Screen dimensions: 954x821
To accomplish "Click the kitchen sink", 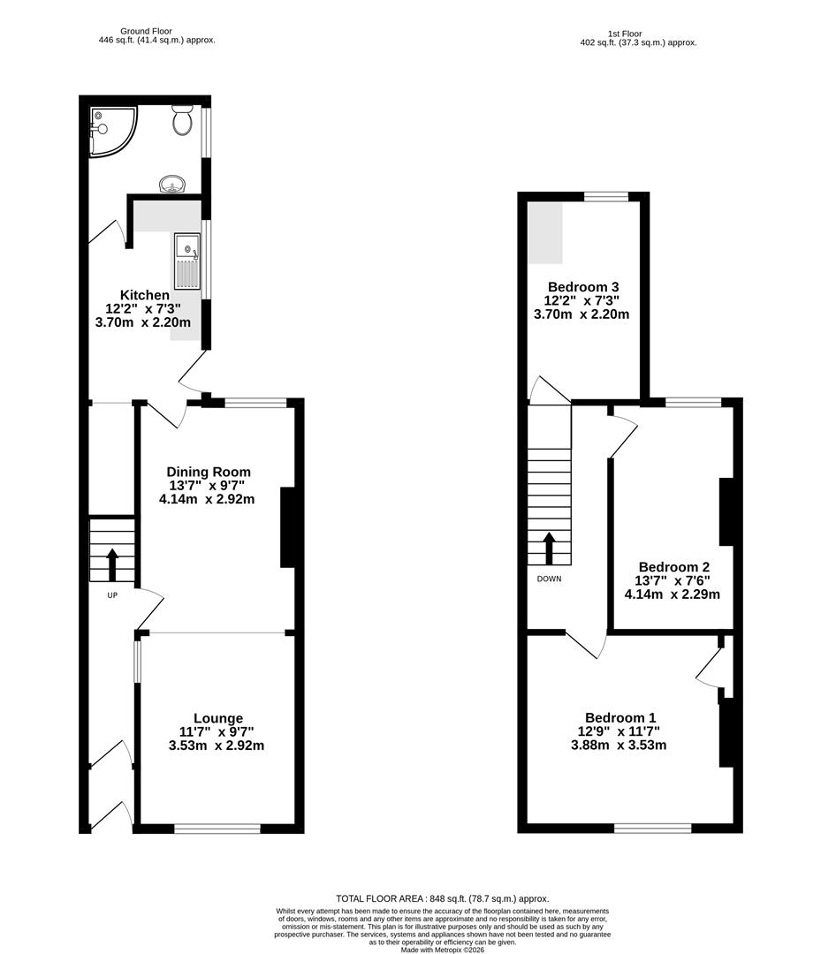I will pyautogui.click(x=186, y=261).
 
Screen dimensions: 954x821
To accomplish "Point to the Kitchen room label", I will pyautogui.click(x=145, y=295).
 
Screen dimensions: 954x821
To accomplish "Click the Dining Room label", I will pyautogui.click(x=209, y=472).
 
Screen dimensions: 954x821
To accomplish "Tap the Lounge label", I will pyautogui.click(x=218, y=718).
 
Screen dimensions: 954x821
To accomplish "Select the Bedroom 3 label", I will pyautogui.click(x=582, y=287).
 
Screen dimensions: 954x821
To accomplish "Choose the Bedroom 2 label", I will pyautogui.click(x=673, y=567).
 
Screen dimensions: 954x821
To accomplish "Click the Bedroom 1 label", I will pyautogui.click(x=620, y=718).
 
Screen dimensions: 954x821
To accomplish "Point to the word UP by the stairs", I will pyautogui.click(x=112, y=594).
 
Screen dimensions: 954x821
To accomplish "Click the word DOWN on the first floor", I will pyautogui.click(x=548, y=579).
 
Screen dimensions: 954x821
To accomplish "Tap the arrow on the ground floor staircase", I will pyautogui.click(x=112, y=563).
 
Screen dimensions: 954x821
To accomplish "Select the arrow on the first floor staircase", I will pyautogui.click(x=549, y=548).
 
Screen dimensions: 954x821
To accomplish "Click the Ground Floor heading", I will pyautogui.click(x=156, y=31).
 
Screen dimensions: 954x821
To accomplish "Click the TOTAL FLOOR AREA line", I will pyautogui.click(x=442, y=897).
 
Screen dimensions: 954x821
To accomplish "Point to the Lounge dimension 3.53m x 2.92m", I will pyautogui.click(x=217, y=746).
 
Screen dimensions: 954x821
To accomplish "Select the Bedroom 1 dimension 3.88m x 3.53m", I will pyautogui.click(x=619, y=746).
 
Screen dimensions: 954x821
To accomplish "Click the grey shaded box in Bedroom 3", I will pyautogui.click(x=545, y=232).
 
